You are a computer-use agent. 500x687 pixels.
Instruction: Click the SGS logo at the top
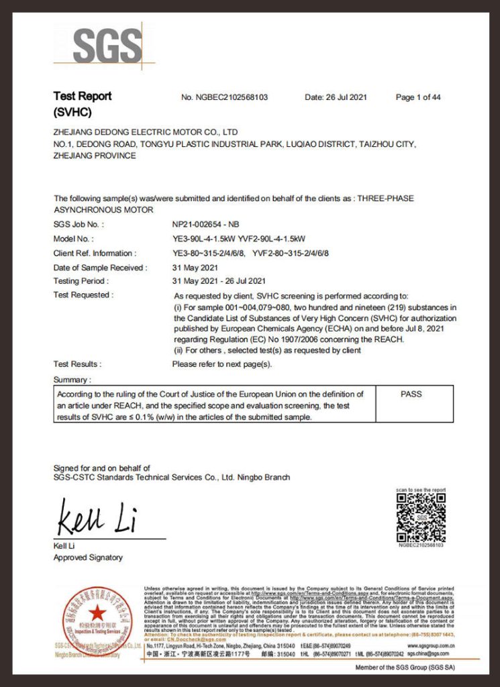pyautogui.click(x=107, y=46)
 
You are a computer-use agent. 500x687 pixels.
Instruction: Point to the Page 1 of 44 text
pyautogui.click(x=418, y=97)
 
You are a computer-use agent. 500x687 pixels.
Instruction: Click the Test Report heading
pyautogui.click(x=83, y=96)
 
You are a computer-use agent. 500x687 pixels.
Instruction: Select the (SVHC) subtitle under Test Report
pyautogui.click(x=72, y=112)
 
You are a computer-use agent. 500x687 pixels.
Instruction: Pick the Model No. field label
pyautogui.click(x=73, y=239)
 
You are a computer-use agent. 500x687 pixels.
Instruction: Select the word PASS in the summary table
pyautogui.click(x=411, y=394)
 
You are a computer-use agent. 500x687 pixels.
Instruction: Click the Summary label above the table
pyautogui.click(x=71, y=380)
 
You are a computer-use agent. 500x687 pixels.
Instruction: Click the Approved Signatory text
pyautogui.click(x=88, y=558)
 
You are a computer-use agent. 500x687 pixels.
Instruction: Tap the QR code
pyautogui.click(x=421, y=518)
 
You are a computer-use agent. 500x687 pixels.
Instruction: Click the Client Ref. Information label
pyautogui.click(x=95, y=253)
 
